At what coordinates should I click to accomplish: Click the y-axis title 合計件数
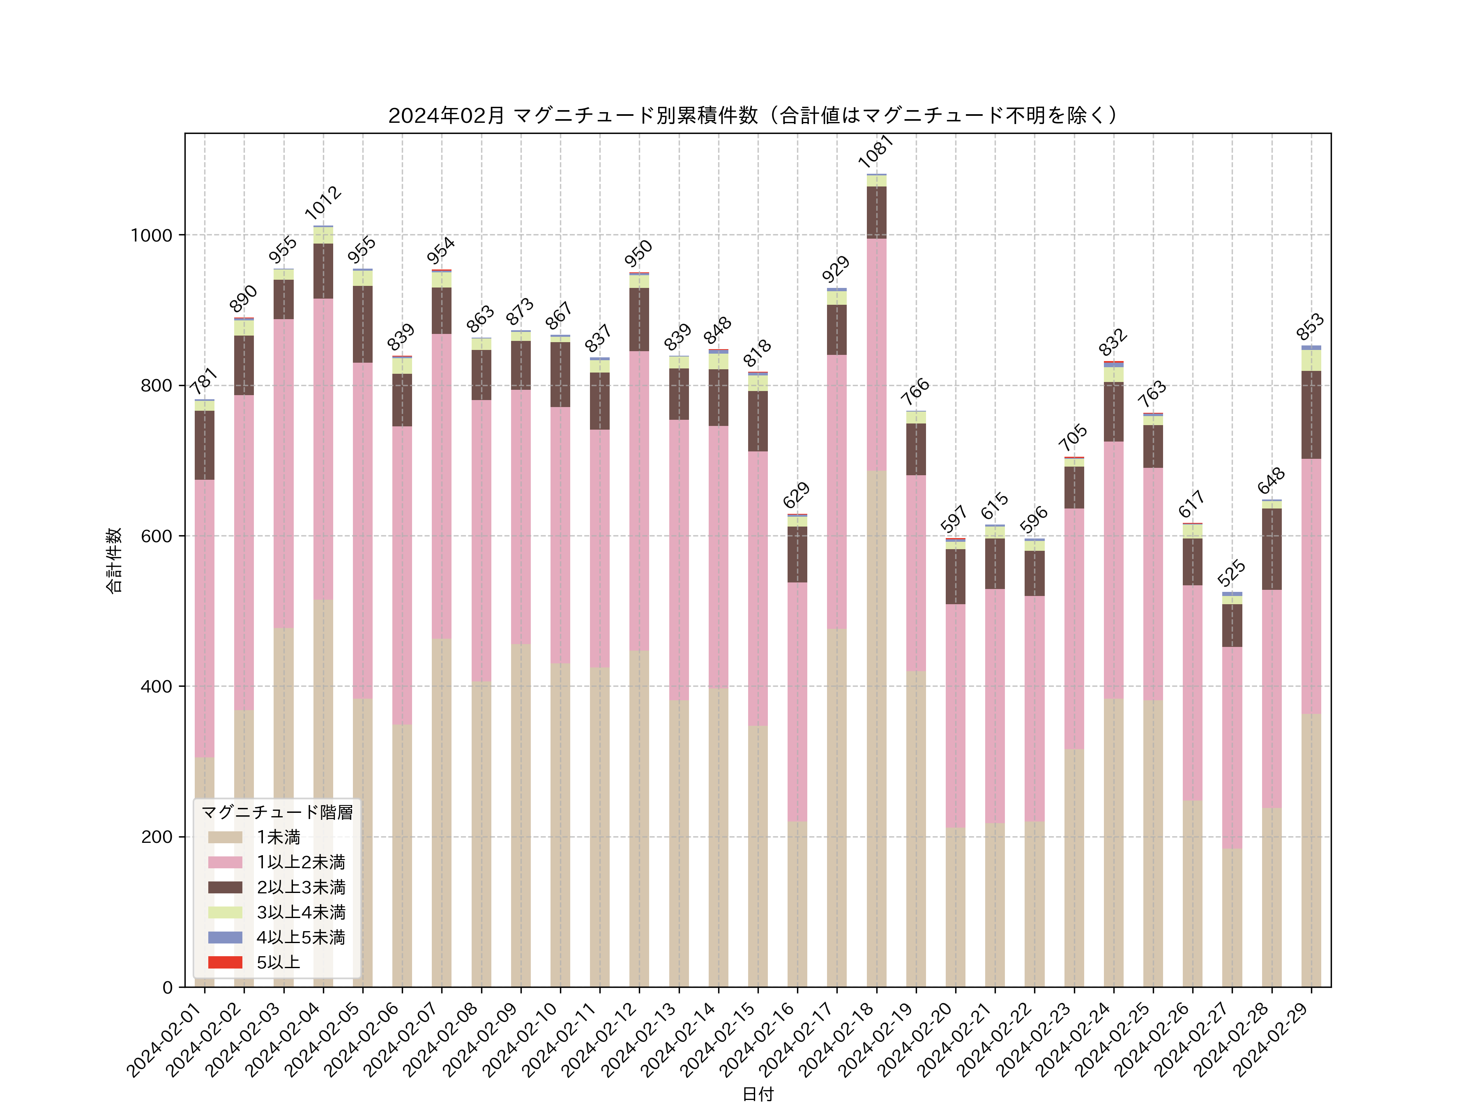pyautogui.click(x=114, y=560)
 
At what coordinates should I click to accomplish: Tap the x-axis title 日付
pyautogui.click(x=758, y=1094)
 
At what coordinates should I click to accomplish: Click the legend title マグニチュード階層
pyautogui.click(x=277, y=812)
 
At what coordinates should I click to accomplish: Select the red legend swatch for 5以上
pyautogui.click(x=225, y=963)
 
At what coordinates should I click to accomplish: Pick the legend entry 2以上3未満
pyautogui.click(x=301, y=887)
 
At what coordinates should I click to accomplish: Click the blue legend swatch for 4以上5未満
pyautogui.click(x=225, y=937)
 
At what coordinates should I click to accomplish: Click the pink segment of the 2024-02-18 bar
pyautogui.click(x=877, y=354)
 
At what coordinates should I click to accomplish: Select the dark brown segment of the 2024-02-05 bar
pyautogui.click(x=363, y=324)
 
